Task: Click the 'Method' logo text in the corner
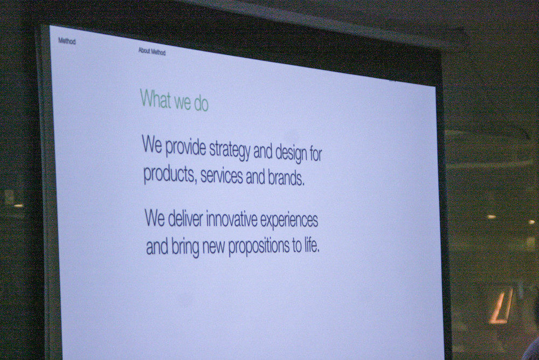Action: point(67,41)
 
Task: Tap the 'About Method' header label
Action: point(152,52)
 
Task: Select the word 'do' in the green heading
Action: point(201,103)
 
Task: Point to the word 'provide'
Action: point(185,147)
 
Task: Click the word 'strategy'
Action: point(230,150)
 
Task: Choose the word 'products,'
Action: point(169,174)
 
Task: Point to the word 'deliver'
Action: point(185,218)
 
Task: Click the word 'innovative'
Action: point(232,219)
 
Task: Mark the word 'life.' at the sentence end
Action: point(312,246)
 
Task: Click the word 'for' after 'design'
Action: point(315,154)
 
